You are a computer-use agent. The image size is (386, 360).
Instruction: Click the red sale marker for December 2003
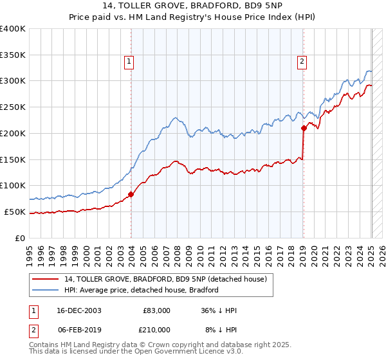131,194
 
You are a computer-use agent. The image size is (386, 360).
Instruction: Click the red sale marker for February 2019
303,128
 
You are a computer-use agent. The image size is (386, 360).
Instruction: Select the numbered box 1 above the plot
129,62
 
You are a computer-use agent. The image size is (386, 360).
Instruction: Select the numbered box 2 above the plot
302,62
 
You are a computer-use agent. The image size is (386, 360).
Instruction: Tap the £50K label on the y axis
15,212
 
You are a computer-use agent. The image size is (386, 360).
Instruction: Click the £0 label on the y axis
21,238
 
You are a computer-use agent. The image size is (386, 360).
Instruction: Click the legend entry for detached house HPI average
142,290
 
